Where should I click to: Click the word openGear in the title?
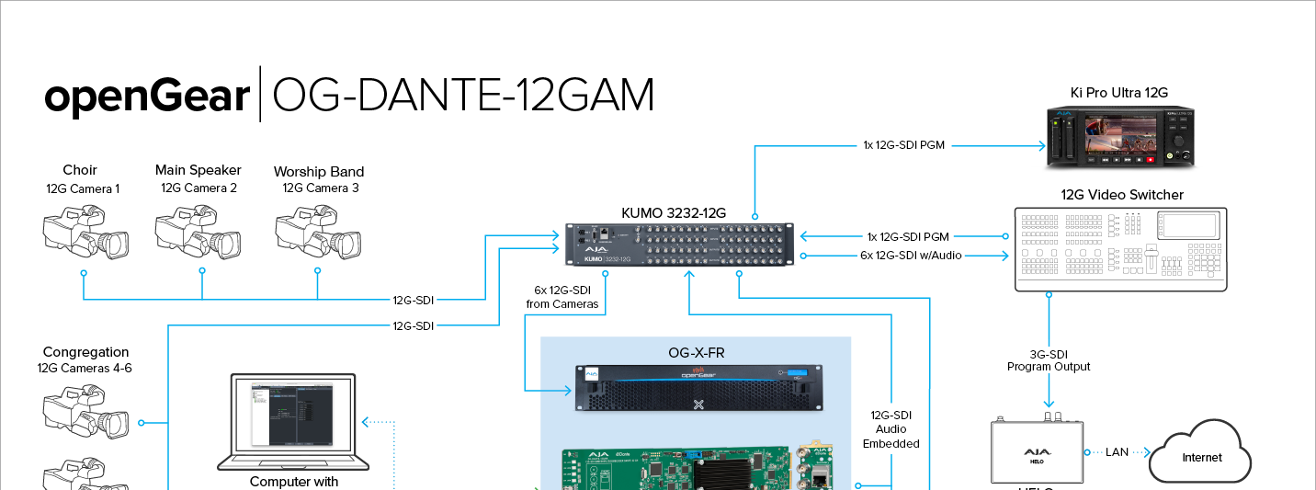148,96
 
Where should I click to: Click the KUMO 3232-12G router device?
679,246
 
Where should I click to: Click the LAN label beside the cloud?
1117,452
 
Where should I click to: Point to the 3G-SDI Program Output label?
1049,360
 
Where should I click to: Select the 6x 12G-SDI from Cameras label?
562,297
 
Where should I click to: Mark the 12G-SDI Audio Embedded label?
891,429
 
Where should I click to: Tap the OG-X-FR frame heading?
697,352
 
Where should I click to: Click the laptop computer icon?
293,423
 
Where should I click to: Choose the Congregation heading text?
86,352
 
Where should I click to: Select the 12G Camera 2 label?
199,188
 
